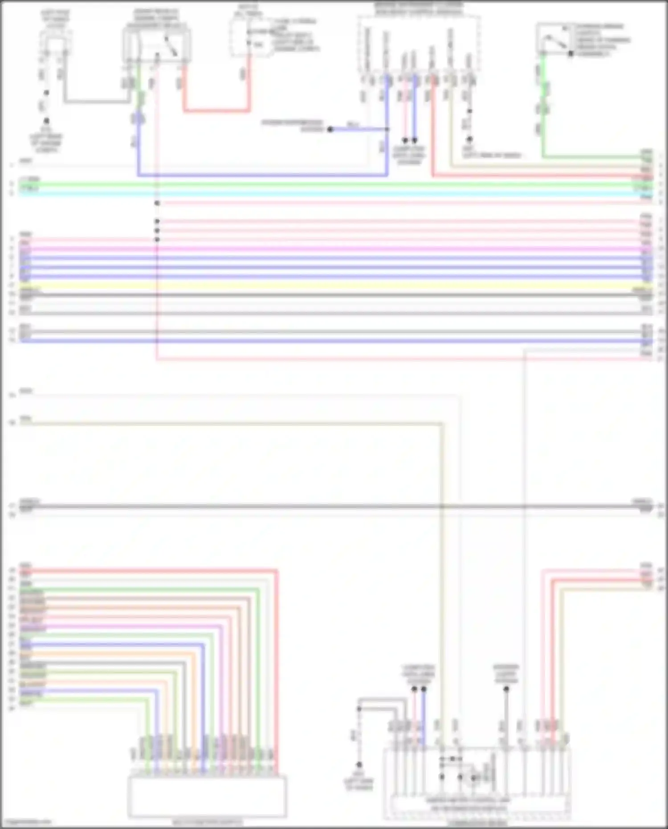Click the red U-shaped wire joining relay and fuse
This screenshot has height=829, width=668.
[216, 110]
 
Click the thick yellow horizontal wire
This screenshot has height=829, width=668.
[334, 286]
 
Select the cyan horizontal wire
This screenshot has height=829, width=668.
[334, 193]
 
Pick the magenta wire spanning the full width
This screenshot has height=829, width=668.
[334, 249]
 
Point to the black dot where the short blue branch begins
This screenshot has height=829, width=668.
[330, 129]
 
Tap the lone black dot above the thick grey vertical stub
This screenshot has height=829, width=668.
[506, 689]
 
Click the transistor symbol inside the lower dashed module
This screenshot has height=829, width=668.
[472, 777]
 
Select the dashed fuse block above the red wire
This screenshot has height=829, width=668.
[248, 38]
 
